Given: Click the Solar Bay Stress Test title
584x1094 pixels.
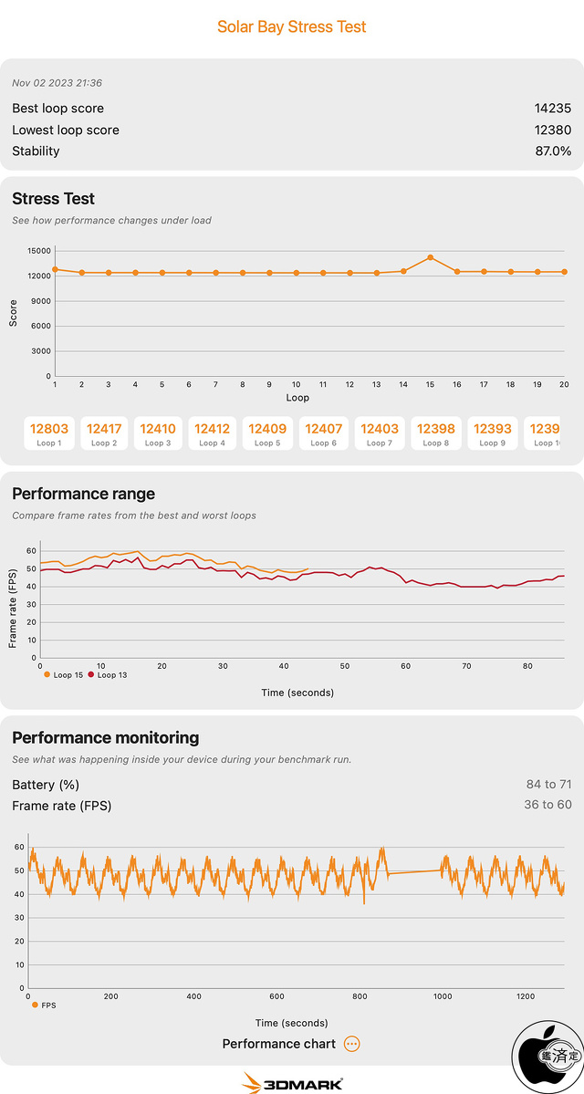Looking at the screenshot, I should click(x=292, y=26).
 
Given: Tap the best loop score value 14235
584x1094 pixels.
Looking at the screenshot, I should click(x=552, y=109).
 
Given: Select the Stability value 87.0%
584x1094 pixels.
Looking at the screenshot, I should click(x=553, y=151).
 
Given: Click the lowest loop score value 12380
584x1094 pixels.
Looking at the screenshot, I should click(x=552, y=130).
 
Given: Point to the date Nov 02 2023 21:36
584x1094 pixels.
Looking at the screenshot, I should click(x=57, y=83).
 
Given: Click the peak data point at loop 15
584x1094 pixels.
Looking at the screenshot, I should click(x=430, y=257).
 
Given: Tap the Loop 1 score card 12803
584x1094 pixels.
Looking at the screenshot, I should click(x=49, y=433).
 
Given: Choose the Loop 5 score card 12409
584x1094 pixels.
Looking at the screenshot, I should click(x=267, y=433).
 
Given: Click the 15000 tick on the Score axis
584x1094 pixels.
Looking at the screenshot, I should click(x=37, y=251).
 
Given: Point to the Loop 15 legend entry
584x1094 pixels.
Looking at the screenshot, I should click(x=64, y=675).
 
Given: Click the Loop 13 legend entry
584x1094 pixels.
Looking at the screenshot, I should click(x=109, y=675).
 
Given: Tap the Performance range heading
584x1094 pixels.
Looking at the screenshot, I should click(x=83, y=494).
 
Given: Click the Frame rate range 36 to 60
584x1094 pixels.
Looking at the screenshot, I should click(x=547, y=804).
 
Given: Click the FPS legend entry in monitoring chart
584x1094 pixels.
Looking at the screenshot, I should click(x=45, y=1005).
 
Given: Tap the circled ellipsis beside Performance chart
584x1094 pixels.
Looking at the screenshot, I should click(x=352, y=1044).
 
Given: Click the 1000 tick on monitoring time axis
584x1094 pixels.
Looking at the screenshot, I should click(x=443, y=996).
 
